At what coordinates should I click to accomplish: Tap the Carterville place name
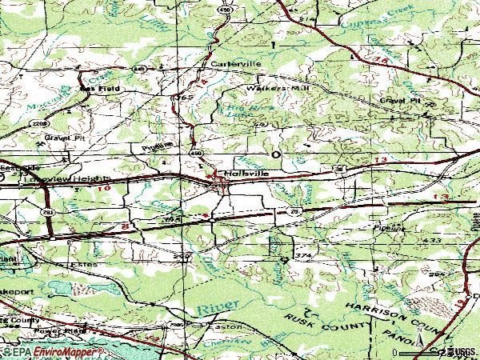230,63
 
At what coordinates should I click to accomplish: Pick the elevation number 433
432,240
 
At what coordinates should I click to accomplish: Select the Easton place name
228,328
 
